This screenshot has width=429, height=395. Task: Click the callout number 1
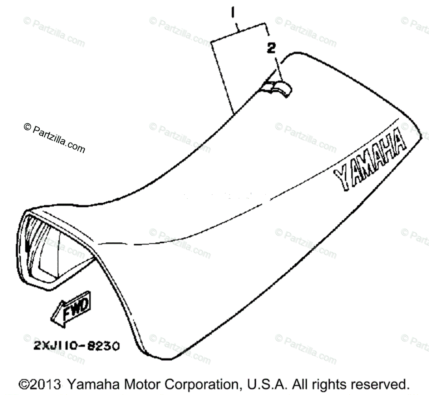[233, 14]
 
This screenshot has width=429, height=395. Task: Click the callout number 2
[271, 48]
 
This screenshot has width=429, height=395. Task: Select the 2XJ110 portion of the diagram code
[55, 346]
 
